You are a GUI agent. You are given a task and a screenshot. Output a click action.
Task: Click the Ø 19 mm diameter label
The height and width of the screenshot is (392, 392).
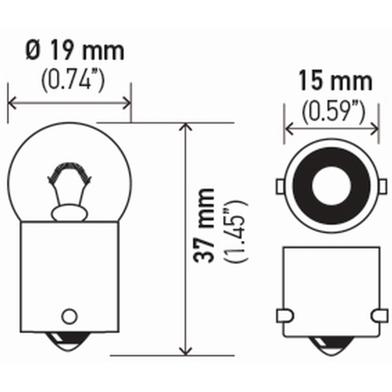point(74,51)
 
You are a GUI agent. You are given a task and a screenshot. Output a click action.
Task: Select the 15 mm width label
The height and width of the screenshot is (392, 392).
point(335,82)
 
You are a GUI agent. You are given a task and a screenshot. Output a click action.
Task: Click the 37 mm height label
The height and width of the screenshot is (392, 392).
point(204,225)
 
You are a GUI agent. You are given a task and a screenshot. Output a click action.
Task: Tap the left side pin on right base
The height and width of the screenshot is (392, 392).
point(285,315)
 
